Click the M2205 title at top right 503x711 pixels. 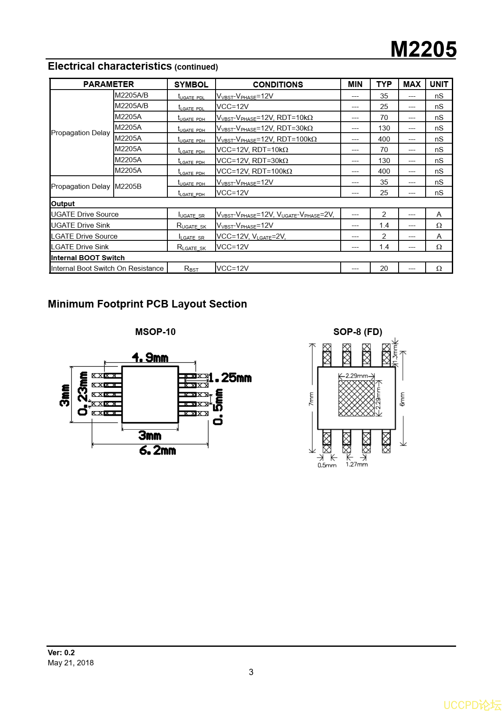point(423,49)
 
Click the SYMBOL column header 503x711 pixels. point(191,84)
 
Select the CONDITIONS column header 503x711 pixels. point(278,84)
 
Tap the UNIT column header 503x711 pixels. point(439,84)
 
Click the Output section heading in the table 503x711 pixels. point(63,204)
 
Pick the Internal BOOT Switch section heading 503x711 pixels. point(87,258)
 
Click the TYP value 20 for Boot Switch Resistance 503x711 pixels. point(384,268)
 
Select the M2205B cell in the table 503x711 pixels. point(128,186)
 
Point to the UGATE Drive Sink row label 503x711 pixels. point(80,225)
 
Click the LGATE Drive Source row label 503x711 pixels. point(84,236)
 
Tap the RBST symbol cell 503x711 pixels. point(191,269)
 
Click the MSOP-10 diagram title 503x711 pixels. point(155,332)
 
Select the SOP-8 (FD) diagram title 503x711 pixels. point(358,332)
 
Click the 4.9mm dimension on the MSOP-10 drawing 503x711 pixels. point(150,358)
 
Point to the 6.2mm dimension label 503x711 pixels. point(157,451)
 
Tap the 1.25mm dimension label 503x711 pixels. point(230,378)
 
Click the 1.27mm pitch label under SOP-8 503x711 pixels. point(356,464)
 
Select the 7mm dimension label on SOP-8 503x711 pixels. point(311,399)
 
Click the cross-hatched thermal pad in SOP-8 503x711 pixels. point(356,398)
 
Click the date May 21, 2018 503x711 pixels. point(71,663)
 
